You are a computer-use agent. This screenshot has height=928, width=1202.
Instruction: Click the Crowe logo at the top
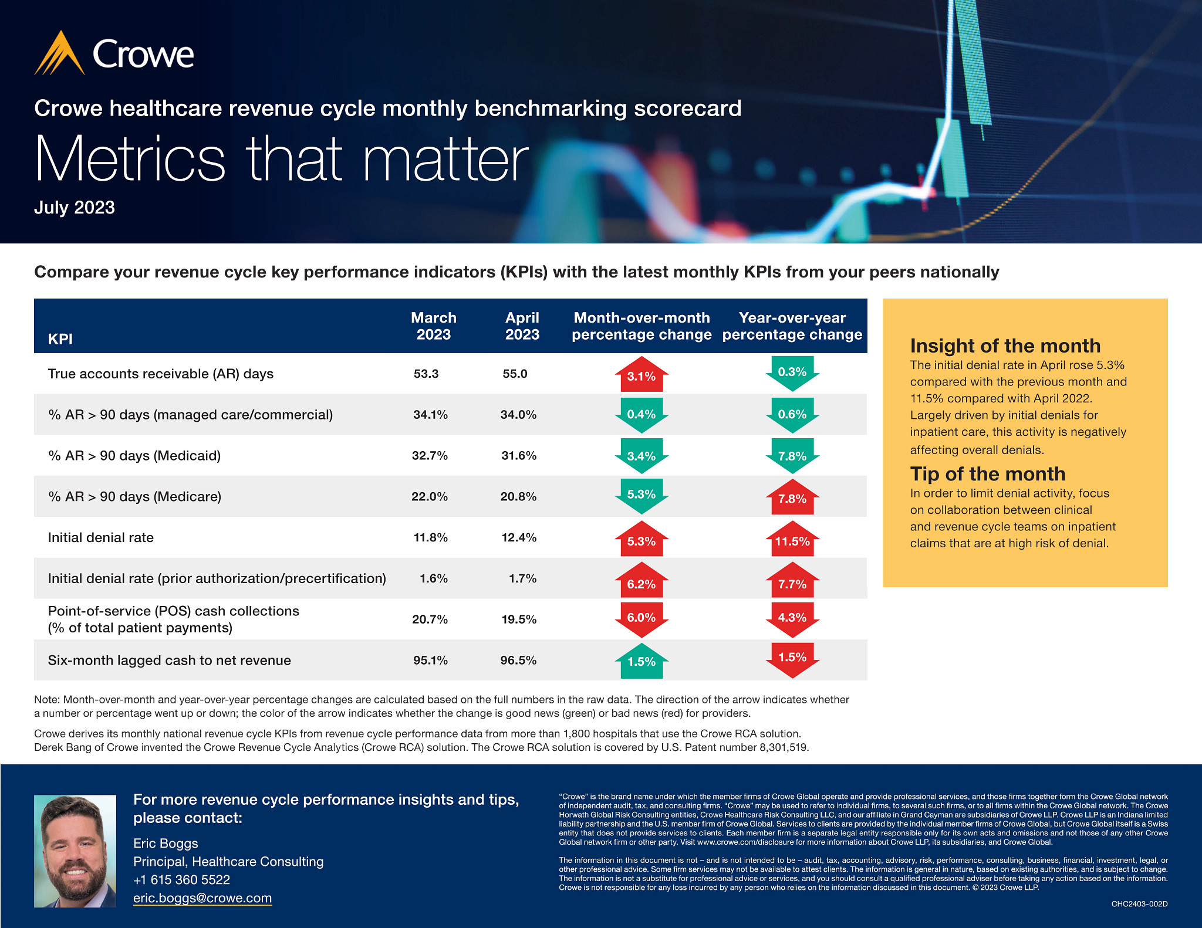pos(114,53)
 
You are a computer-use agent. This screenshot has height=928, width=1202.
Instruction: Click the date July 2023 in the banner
pos(75,208)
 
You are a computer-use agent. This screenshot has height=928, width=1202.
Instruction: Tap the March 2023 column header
pos(433,326)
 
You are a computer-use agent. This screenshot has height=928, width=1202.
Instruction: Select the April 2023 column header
pos(522,326)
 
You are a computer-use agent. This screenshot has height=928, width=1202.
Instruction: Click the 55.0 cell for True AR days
pos(515,374)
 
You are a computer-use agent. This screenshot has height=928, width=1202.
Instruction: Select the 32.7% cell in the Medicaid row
pos(430,456)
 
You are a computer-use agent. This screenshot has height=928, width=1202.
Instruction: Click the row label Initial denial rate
pos(101,537)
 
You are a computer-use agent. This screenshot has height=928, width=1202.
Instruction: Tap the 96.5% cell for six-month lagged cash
pos(518,661)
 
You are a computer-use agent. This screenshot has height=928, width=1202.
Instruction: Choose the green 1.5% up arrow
pos(641,661)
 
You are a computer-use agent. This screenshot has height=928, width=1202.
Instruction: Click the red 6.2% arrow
pos(641,582)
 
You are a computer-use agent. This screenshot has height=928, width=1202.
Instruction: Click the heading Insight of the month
pos(1005,346)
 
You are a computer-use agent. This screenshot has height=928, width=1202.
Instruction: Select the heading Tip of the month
pos(987,473)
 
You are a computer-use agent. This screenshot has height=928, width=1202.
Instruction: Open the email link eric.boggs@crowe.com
pos(202,898)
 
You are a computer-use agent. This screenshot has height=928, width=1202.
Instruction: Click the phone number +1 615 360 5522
pos(181,880)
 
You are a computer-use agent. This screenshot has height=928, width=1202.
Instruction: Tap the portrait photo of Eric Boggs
pos(75,851)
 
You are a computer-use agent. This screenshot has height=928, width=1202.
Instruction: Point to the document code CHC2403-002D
pos(1139,904)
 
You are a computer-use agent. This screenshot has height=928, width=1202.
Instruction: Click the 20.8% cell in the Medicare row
pos(518,497)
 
